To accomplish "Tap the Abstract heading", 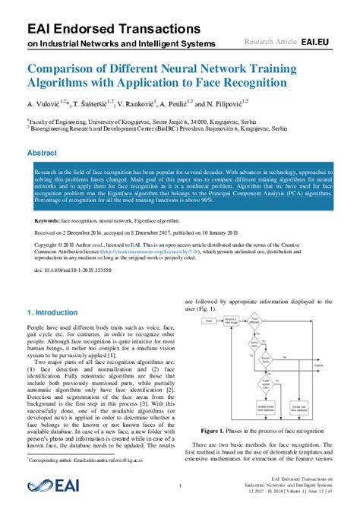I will coord(43,153).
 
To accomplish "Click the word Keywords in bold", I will coord(49,199).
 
